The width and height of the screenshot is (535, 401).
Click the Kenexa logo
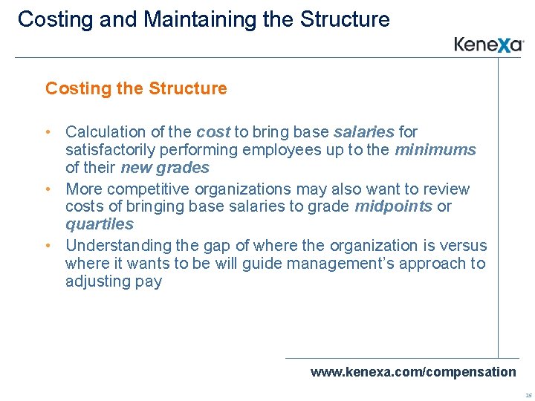(489, 45)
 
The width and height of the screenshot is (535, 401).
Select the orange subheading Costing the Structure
(136, 88)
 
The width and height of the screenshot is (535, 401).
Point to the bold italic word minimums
(435, 150)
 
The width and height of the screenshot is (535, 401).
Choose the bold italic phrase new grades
(165, 168)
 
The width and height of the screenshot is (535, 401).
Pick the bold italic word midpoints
(394, 206)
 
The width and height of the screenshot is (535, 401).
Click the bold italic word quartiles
(100, 224)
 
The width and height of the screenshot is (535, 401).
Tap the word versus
(462, 246)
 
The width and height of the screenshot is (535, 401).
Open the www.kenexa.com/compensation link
(413, 372)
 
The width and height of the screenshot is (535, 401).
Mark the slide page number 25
(528, 395)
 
